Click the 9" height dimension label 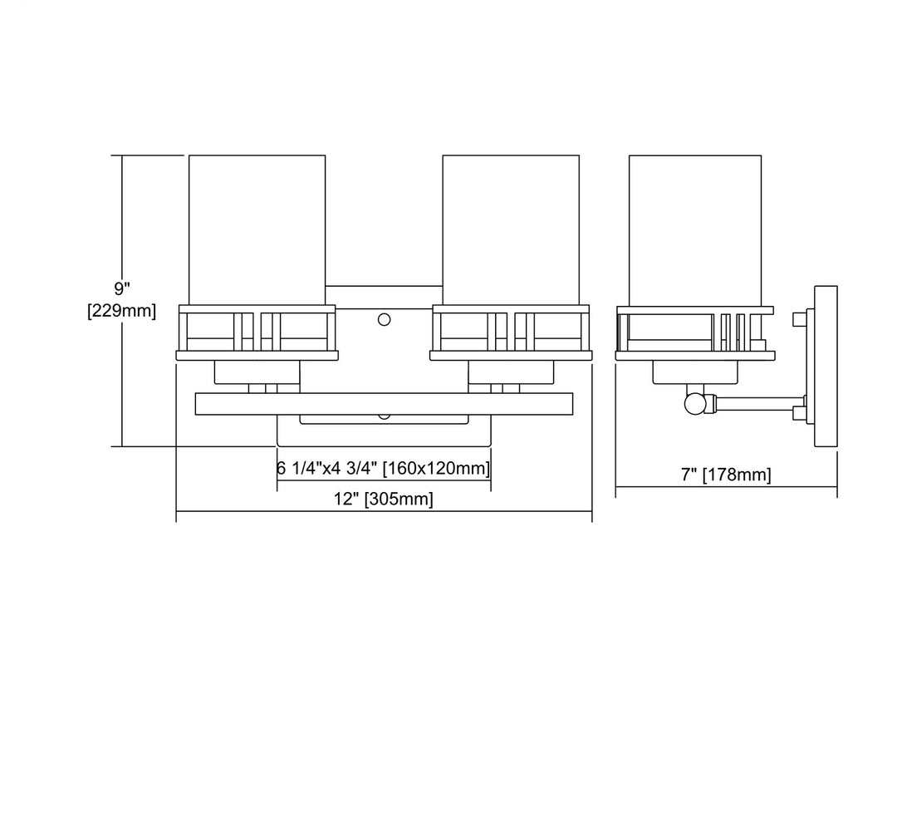122,288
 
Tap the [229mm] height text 121,311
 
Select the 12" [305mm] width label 383,499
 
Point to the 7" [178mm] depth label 726,475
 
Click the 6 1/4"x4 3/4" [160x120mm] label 383,468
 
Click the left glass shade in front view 257,229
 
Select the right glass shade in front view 511,229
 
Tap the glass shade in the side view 695,230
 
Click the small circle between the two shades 385,319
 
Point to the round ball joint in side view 694,404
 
